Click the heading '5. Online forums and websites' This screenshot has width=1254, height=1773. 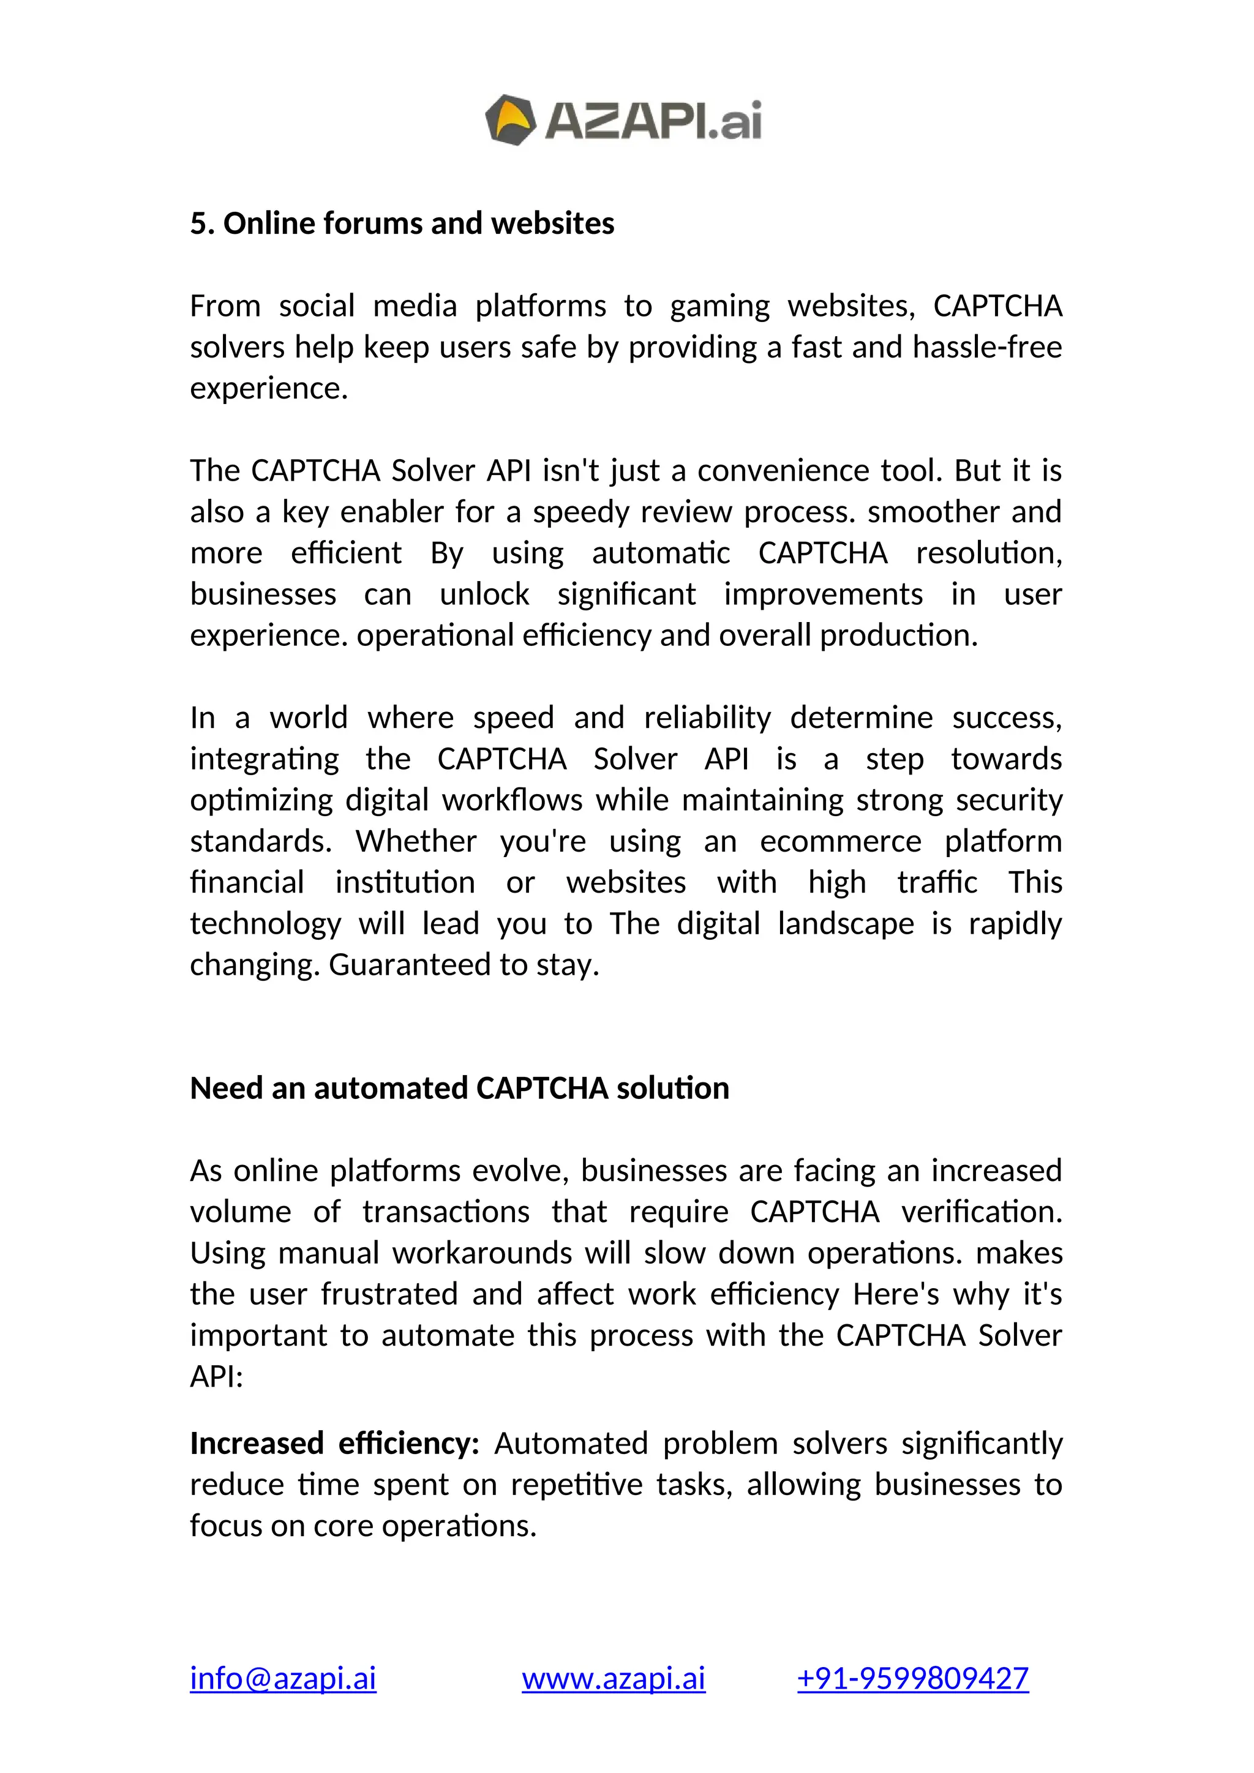[402, 223]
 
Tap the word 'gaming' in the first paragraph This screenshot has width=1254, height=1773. [719, 307]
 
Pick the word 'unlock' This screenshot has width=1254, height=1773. [484, 594]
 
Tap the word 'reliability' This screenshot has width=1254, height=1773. [707, 718]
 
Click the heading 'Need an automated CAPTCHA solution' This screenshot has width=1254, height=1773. [459, 1088]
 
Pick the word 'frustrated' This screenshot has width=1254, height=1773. [389, 1294]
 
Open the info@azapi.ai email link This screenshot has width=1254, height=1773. [283, 1679]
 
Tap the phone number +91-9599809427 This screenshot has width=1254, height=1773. [913, 1679]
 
